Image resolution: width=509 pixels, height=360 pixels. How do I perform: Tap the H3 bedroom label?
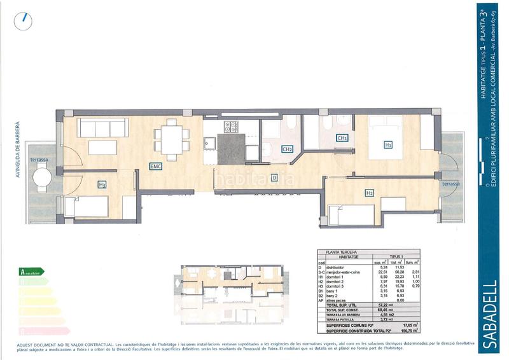pos(102,184)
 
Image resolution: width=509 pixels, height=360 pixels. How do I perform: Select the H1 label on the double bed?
pos(387,145)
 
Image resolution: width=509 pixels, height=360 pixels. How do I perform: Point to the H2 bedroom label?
pos(369,193)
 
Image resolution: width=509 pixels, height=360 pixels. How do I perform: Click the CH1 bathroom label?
pos(342,137)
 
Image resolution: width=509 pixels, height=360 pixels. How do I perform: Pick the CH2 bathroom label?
pos(287,149)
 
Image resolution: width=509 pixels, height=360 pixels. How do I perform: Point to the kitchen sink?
pos(209,143)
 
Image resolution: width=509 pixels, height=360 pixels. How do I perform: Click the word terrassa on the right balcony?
pos(451,183)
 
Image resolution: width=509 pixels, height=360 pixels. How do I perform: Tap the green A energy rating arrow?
pos(32,272)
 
